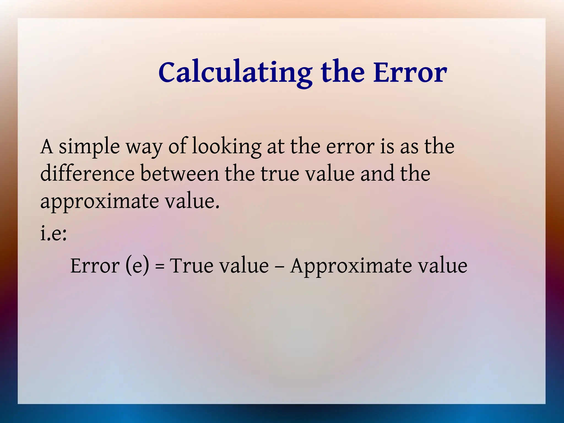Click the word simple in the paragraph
[89, 147]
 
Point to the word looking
[226, 147]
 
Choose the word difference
[87, 174]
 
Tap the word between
[180, 174]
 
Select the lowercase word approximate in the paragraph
[99, 202]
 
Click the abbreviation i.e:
[53, 234]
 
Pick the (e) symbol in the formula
[137, 266]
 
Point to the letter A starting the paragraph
[47, 147]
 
